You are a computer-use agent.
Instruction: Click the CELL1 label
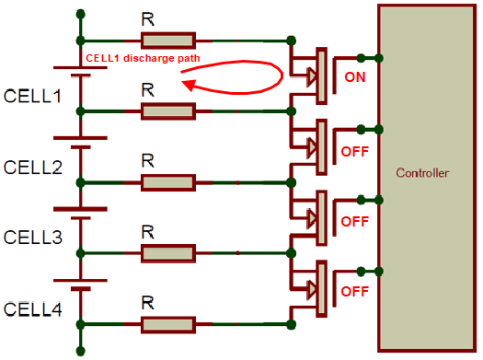(x=32, y=96)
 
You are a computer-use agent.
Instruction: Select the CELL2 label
(x=32, y=167)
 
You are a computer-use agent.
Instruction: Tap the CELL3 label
(x=32, y=238)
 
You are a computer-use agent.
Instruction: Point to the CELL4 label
(x=32, y=308)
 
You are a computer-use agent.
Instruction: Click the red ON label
(x=354, y=77)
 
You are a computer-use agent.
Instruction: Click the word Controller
(x=422, y=173)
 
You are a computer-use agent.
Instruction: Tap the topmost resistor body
(x=167, y=40)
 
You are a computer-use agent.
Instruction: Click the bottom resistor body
(x=167, y=324)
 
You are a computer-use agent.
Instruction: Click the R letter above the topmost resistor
(x=146, y=17)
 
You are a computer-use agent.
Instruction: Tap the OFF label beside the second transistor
(x=354, y=149)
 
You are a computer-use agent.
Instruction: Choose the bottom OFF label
(x=354, y=291)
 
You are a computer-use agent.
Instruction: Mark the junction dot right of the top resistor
(x=292, y=40)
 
